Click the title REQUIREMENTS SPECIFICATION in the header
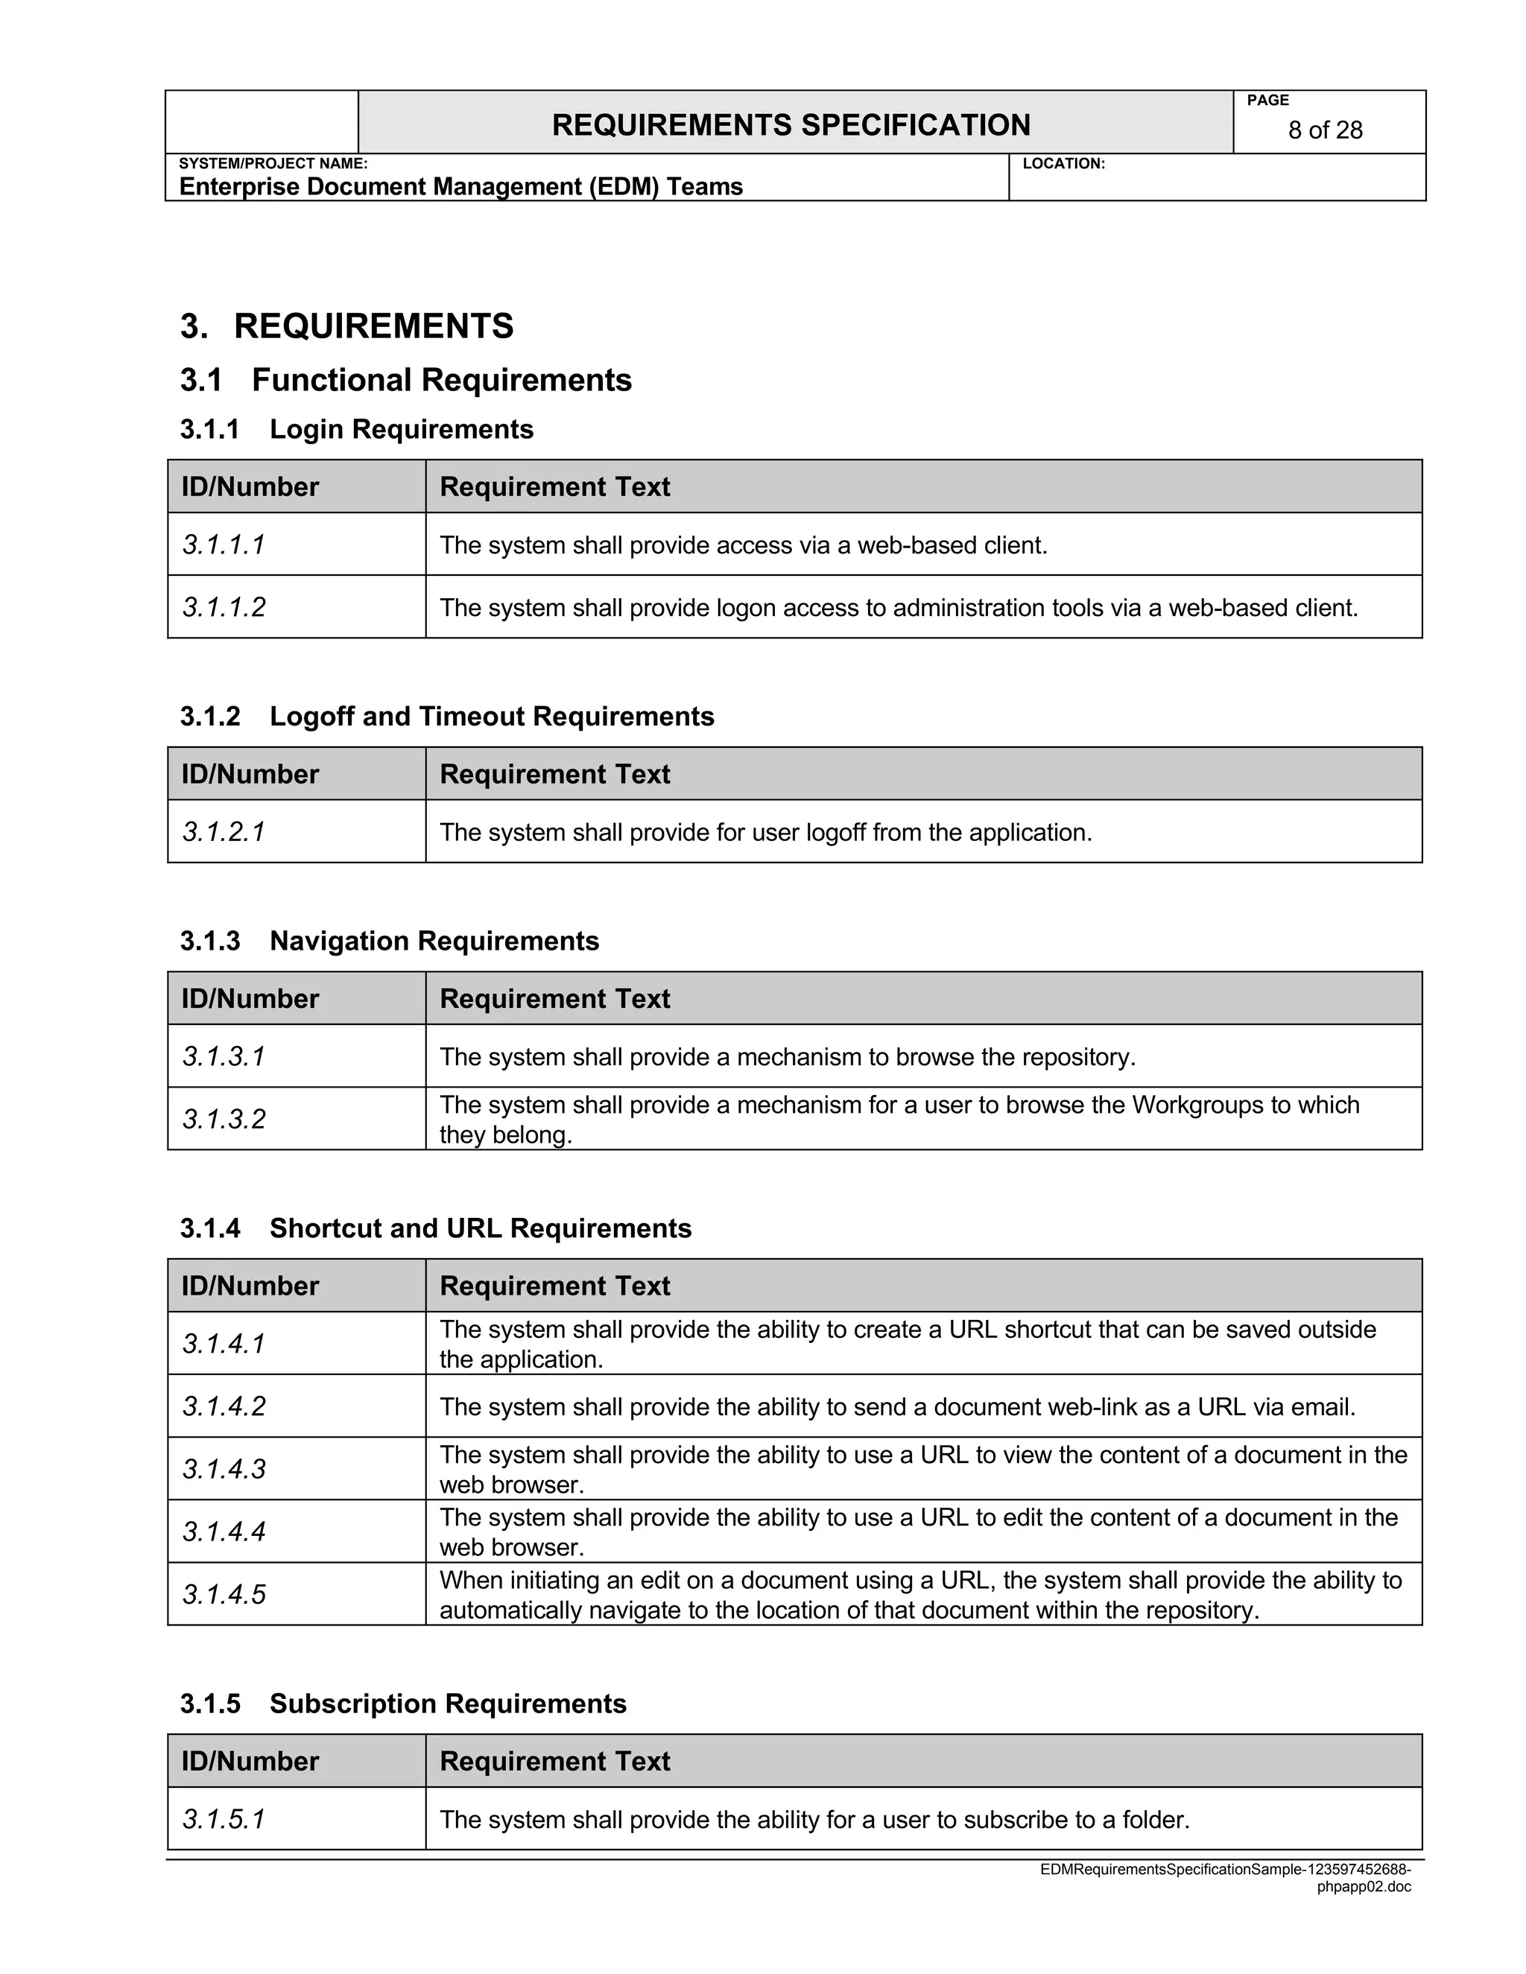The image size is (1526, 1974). pos(791,124)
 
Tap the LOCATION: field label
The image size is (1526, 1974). pos(1063,164)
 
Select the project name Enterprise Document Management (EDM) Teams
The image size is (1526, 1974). pos(460,186)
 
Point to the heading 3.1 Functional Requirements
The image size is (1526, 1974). pos(405,380)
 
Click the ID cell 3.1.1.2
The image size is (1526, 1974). pos(224,607)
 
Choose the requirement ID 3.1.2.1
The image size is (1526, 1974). pos(224,831)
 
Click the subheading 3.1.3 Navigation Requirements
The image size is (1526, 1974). pos(389,941)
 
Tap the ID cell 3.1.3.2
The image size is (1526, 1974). pos(224,1119)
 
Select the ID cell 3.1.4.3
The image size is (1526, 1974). pos(224,1469)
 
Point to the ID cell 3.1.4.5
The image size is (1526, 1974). pos(224,1594)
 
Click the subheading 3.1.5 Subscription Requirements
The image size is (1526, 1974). pos(402,1704)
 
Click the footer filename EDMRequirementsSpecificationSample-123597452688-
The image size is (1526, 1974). pos(1225,1869)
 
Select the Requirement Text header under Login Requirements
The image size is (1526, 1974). pos(554,486)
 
